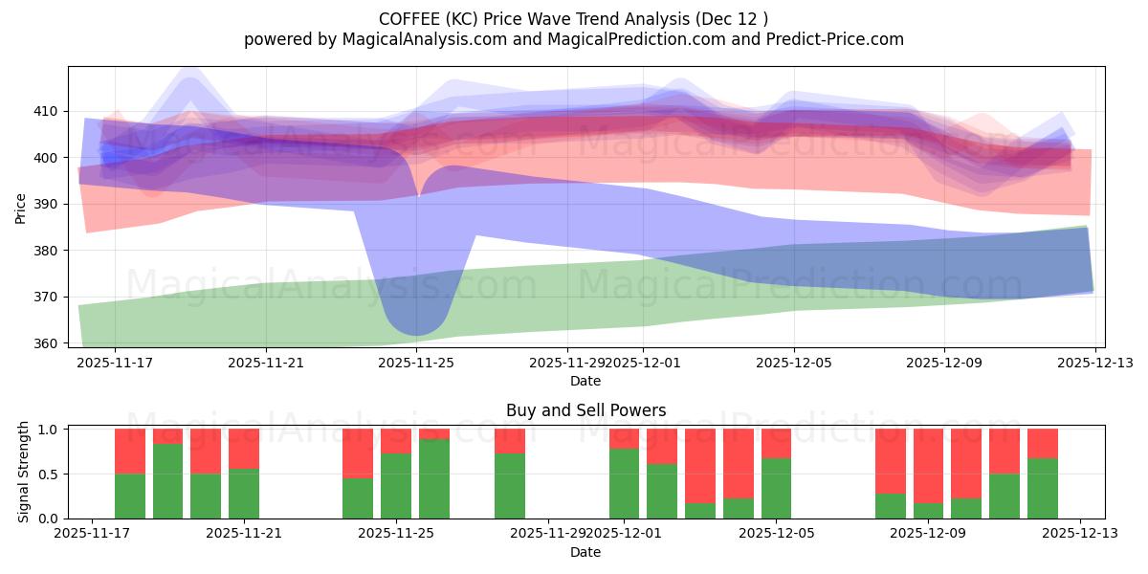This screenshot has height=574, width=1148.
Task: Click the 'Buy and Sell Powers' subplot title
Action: click(585, 410)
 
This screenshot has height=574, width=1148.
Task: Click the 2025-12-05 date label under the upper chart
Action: click(793, 364)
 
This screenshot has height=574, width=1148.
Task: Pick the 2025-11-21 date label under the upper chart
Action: click(266, 364)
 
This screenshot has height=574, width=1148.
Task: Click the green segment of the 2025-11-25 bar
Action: click(396, 486)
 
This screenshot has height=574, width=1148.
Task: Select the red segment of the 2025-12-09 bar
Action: click(928, 465)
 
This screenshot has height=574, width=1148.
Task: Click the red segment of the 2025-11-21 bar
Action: click(244, 448)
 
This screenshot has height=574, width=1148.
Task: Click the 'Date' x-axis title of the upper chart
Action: click(585, 381)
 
